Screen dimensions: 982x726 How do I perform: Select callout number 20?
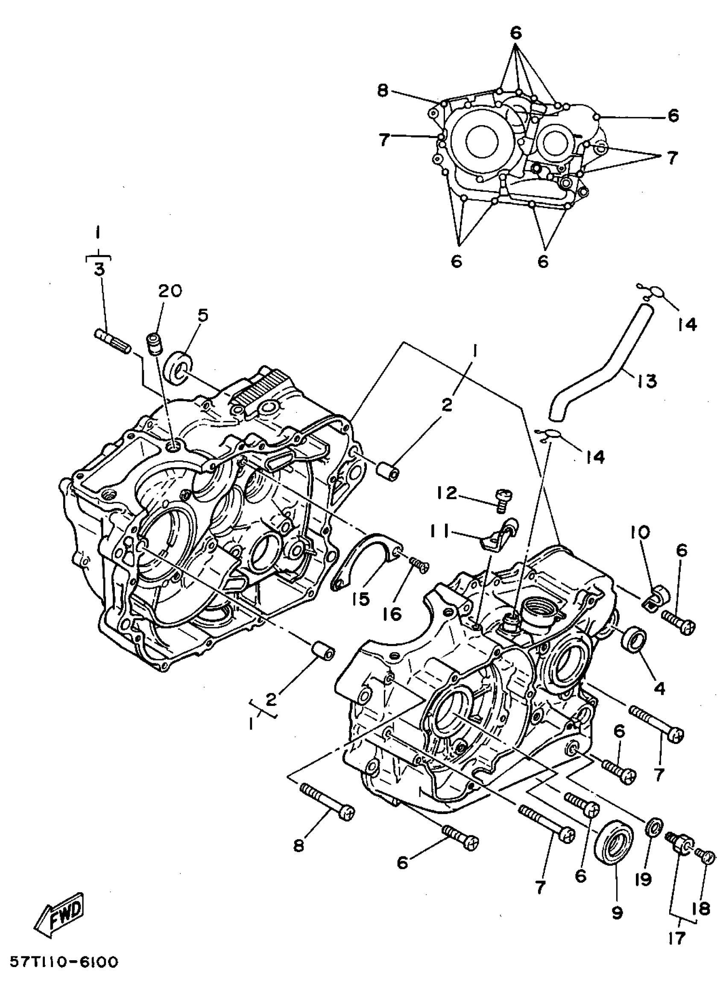coord(170,290)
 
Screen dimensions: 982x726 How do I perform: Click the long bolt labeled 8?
coord(328,806)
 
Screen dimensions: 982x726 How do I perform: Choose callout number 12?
coord(448,494)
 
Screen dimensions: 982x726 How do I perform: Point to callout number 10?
coord(640,533)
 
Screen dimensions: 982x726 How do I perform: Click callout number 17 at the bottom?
coord(677,938)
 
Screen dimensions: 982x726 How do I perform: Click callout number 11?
coord(445,533)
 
